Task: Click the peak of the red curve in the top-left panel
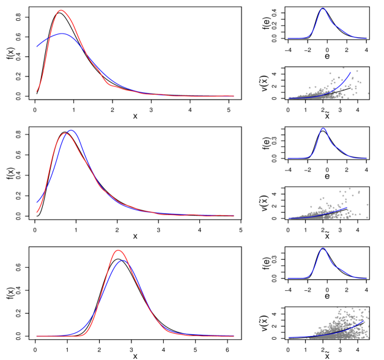(x=60, y=10)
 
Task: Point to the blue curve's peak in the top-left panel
(x=62, y=34)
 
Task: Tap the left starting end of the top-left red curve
(x=37, y=92)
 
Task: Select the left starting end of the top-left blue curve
(x=37, y=46)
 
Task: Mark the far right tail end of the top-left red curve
(x=234, y=96)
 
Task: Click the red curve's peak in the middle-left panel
(x=65, y=133)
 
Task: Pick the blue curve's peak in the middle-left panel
(x=71, y=130)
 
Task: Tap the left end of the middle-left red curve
(x=37, y=213)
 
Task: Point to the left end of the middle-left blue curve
(x=37, y=202)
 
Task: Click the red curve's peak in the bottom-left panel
(x=118, y=250)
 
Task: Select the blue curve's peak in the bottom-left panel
(x=123, y=260)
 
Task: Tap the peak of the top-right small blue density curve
(x=323, y=8)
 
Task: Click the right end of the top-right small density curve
(x=367, y=39)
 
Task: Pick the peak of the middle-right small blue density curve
(x=323, y=128)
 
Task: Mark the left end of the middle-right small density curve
(x=288, y=158)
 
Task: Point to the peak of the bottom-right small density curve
(x=323, y=248)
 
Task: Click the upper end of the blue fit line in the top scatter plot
(x=351, y=72)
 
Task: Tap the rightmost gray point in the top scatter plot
(x=368, y=94)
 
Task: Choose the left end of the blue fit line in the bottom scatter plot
(x=289, y=337)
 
